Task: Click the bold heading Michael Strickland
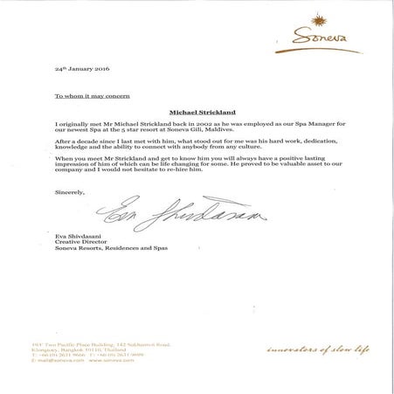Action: (197, 112)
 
